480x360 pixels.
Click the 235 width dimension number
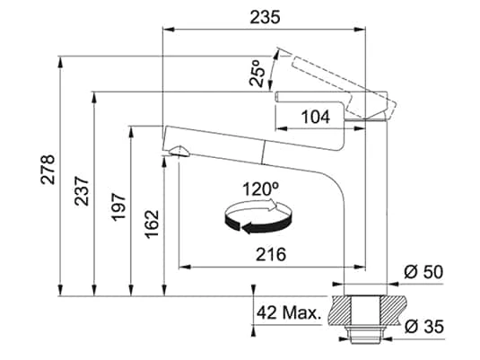pyautogui.click(x=265, y=17)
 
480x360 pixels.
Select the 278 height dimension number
pyautogui.click(x=48, y=170)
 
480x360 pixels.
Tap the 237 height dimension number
pyautogui.click(x=82, y=190)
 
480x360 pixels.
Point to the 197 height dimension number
pyautogui.click(x=118, y=207)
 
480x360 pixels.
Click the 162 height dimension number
pyautogui.click(x=152, y=224)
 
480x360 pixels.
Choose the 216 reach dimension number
pyautogui.click(x=271, y=254)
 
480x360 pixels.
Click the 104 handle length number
pyautogui.click(x=316, y=117)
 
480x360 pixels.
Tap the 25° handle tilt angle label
pyautogui.click(x=257, y=73)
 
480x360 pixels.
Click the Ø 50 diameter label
pyautogui.click(x=423, y=272)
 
